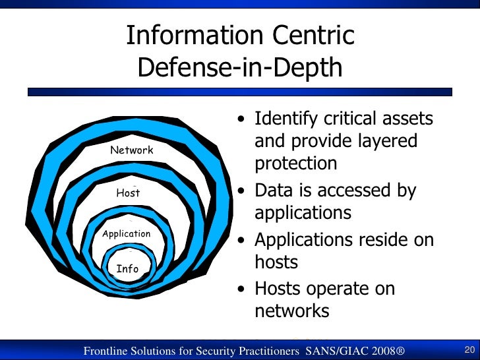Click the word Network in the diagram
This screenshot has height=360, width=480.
pyautogui.click(x=131, y=150)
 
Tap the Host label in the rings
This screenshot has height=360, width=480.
pyautogui.click(x=128, y=193)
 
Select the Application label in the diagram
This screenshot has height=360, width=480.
pyautogui.click(x=126, y=234)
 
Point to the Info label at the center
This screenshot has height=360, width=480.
pyautogui.click(x=127, y=269)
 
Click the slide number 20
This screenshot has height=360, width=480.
pyautogui.click(x=470, y=349)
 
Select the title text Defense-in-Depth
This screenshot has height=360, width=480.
pyautogui.click(x=240, y=67)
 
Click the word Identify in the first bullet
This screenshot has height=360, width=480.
pyautogui.click(x=285, y=119)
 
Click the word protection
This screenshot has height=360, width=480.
pyautogui.click(x=296, y=164)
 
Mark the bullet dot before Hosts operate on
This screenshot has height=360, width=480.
pyautogui.click(x=243, y=289)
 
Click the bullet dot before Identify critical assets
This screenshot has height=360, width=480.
pyautogui.click(x=243, y=120)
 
